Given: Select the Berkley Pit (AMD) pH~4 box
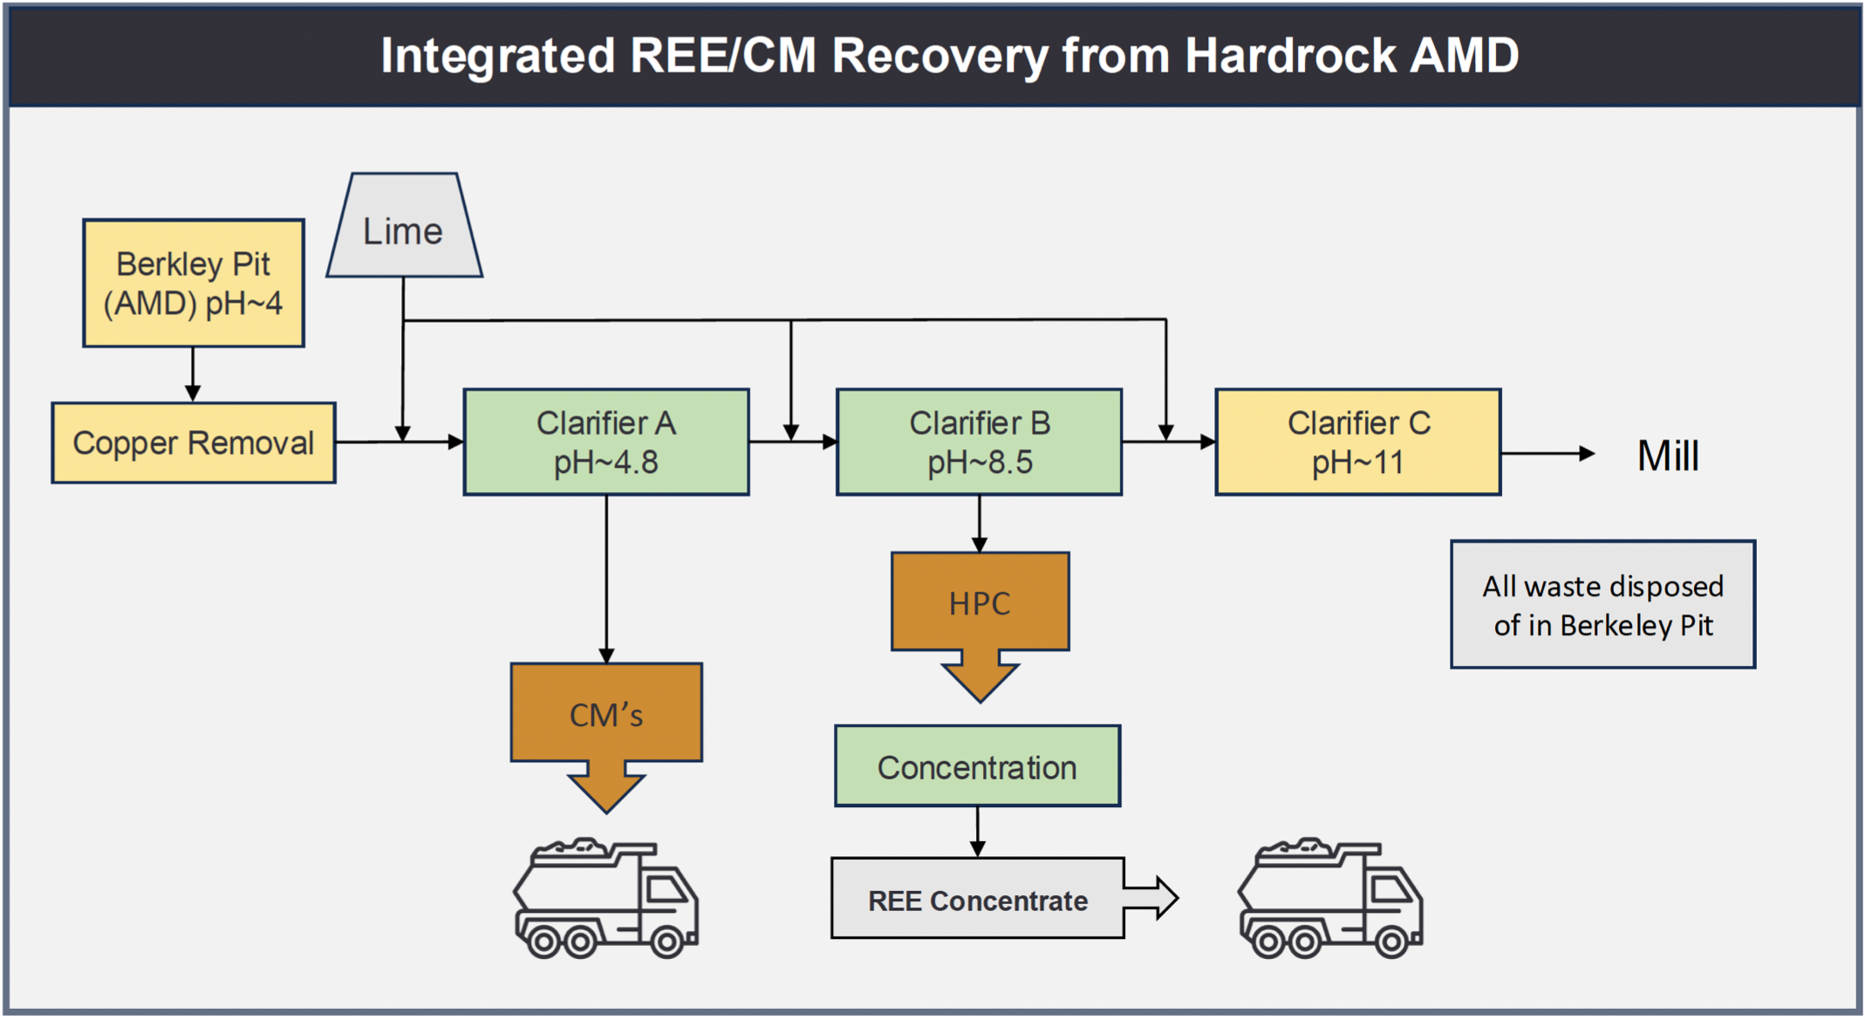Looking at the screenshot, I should point(194,284).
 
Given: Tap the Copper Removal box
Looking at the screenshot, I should point(194,442).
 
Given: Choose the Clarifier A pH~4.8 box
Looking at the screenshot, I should point(606,442).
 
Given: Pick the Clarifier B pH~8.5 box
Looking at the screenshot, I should point(979,442).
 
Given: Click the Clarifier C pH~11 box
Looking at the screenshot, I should point(1358,442).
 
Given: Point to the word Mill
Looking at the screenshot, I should point(1668,456).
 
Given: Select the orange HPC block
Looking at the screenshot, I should point(980,603).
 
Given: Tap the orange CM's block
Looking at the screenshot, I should point(606,714).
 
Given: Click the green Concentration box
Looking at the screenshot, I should point(977,766).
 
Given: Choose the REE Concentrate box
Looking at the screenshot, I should point(977,899).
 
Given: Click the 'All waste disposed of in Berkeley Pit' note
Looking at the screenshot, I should point(1602,605).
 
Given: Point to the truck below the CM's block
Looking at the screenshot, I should point(606,899).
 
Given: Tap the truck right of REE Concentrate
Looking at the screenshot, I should point(1330,899).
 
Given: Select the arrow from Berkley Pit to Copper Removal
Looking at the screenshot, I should point(193,374).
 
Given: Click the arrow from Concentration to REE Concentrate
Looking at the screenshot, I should point(978,832).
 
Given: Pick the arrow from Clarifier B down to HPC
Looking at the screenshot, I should point(980,524).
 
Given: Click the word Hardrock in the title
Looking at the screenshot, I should point(1291,56).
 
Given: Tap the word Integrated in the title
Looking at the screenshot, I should point(497,56).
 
